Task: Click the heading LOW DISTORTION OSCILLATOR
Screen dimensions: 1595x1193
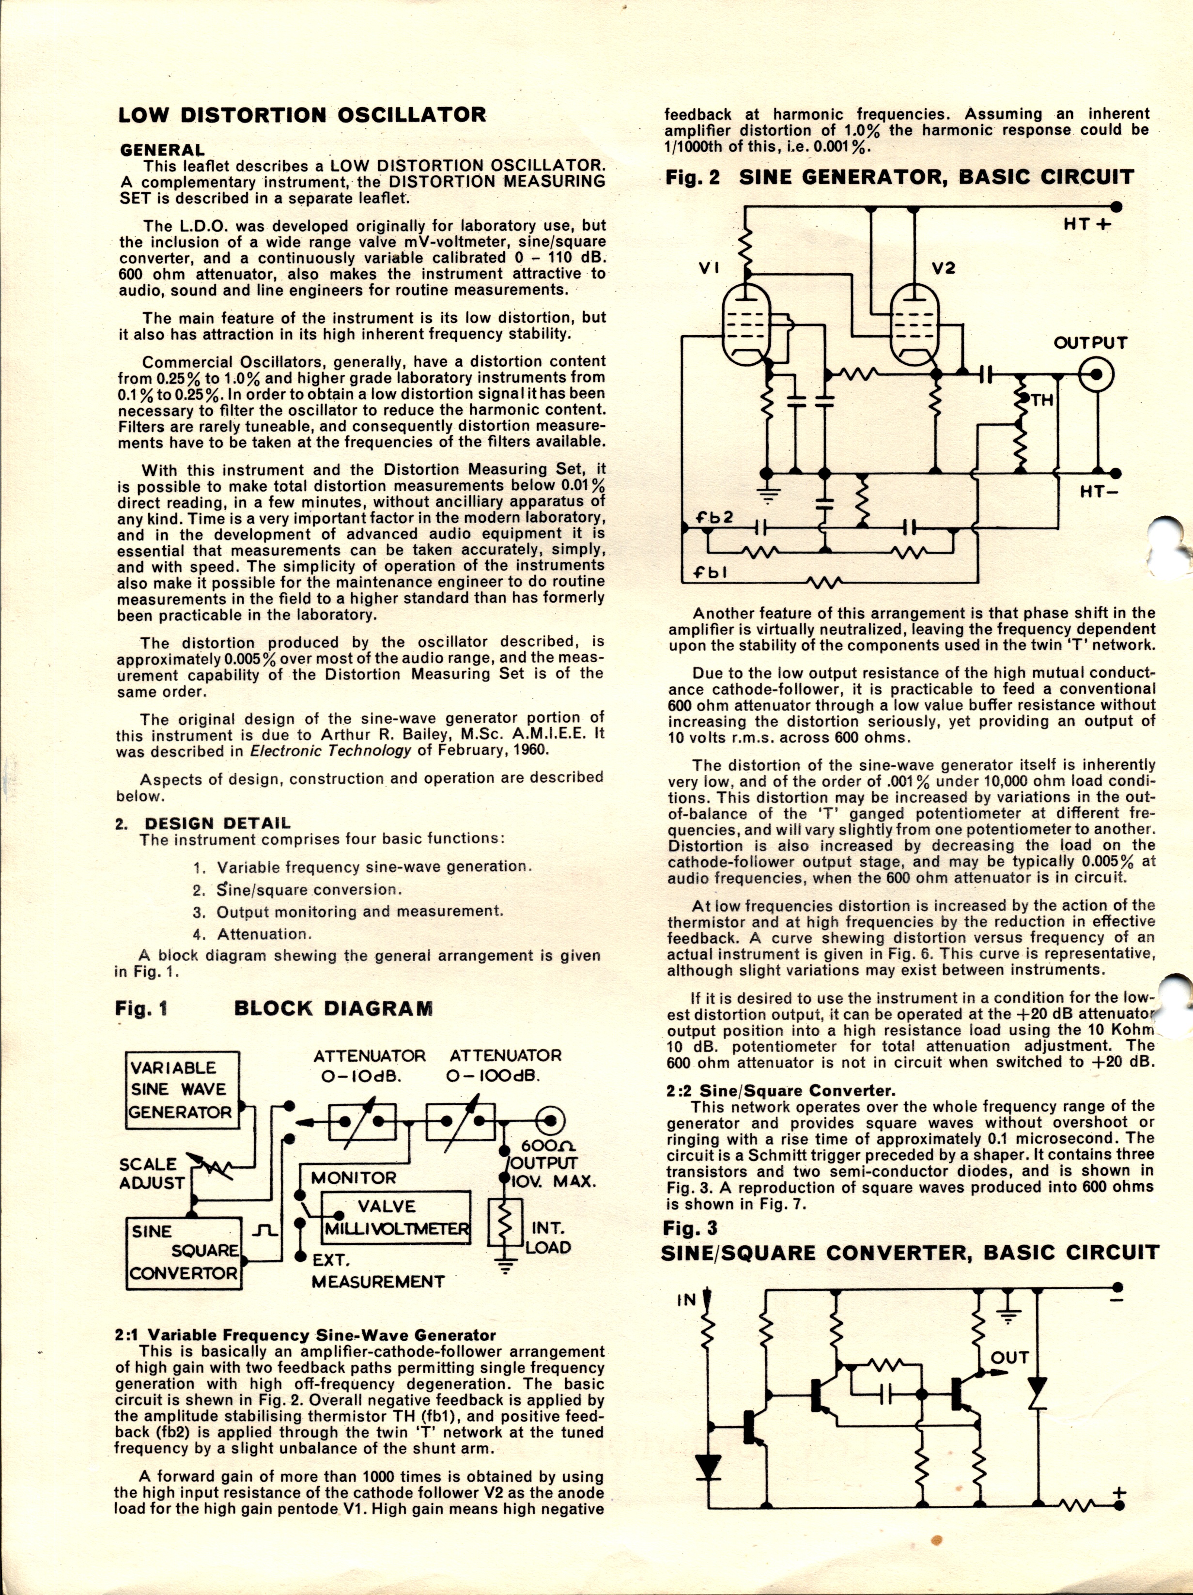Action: pos(302,115)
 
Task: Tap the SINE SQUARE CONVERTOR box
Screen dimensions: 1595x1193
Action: pos(185,1253)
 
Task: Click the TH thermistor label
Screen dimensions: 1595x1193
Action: pos(1041,399)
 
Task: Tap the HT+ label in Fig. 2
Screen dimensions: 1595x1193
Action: pos(1088,225)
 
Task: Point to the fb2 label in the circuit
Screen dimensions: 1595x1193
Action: pos(713,518)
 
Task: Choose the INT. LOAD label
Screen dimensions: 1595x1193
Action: pos(550,1238)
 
